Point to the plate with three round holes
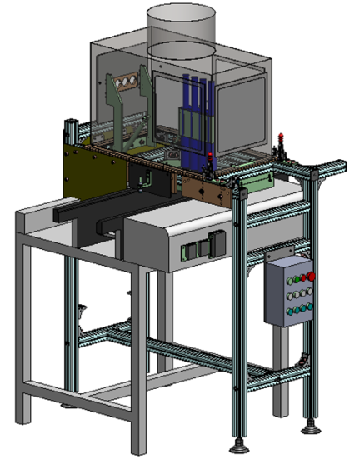click(x=127, y=82)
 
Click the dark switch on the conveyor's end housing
click(x=217, y=242)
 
